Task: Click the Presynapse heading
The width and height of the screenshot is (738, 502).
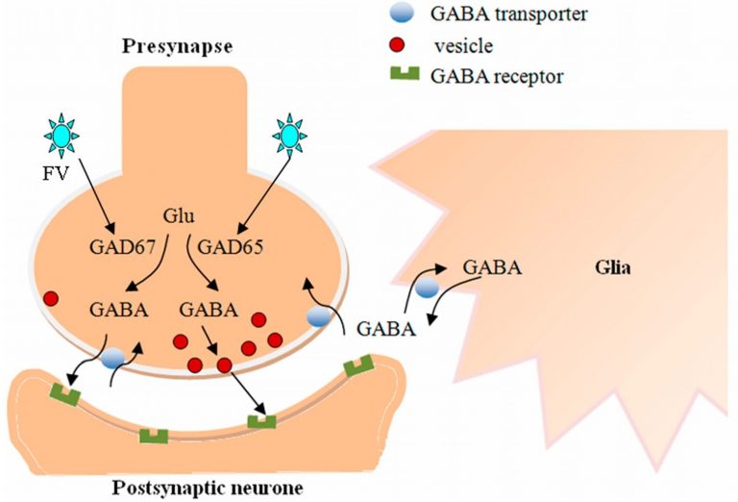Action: coord(178,47)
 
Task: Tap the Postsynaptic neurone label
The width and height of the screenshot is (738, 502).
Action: coord(208,489)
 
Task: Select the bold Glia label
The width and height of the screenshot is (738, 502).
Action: coord(613,267)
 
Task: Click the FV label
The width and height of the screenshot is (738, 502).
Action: coord(56,174)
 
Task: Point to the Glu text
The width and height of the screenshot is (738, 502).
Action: coord(179,216)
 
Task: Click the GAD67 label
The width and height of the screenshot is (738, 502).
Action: coord(122,247)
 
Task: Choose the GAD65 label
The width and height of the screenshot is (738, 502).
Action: coord(231,247)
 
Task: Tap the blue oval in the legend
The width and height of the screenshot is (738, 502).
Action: coord(403,13)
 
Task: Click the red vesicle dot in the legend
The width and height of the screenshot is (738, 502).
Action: coord(398,45)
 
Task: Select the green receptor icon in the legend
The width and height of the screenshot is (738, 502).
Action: coord(405,74)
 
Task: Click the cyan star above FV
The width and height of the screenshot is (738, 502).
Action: coord(61,136)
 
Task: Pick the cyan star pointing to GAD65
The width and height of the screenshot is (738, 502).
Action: coord(289,136)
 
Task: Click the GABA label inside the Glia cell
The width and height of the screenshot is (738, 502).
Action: coord(492,267)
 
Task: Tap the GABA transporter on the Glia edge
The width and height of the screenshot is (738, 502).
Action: coord(428,288)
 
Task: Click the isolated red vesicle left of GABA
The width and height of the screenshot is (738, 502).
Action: coord(50,298)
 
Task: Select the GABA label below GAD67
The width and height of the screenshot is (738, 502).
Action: coord(119,310)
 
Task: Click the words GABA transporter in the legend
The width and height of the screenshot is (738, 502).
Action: coord(508,13)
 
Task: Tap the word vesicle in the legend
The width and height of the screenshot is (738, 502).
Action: coord(464,45)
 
